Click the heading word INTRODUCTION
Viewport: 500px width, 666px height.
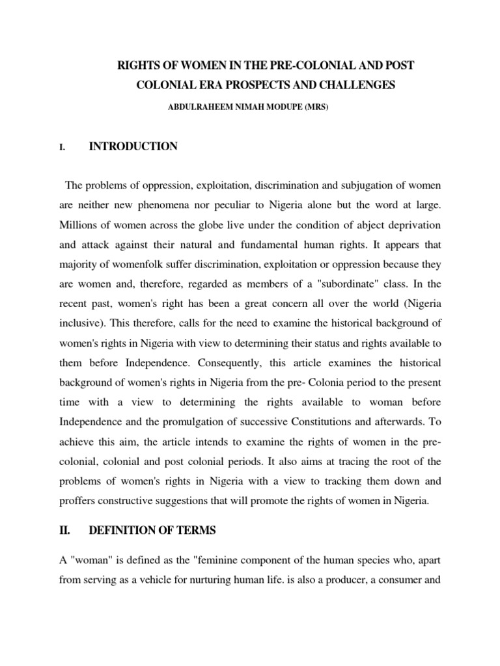point(133,147)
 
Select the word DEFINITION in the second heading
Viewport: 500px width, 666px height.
point(122,531)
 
